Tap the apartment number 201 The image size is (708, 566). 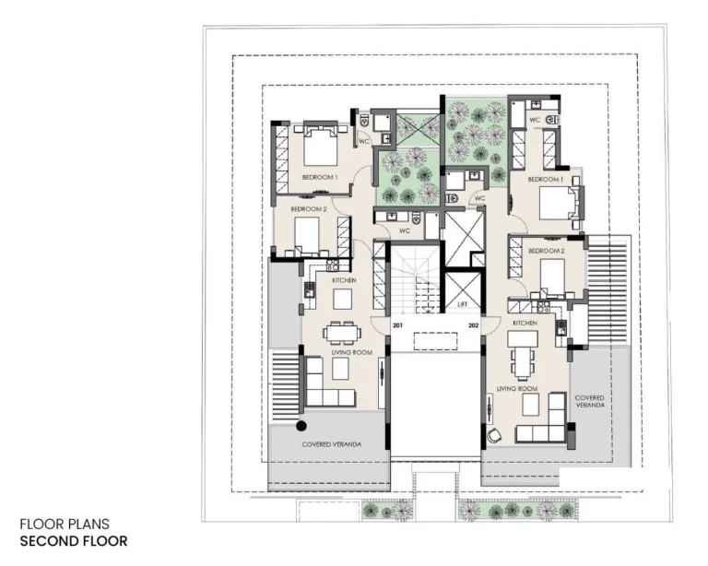point(397,325)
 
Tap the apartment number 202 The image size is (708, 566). point(474,325)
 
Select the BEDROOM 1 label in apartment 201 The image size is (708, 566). point(320,177)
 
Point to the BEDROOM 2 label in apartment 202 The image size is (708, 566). point(546,251)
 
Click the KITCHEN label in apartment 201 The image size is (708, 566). point(343,279)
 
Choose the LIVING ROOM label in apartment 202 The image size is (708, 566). point(516,388)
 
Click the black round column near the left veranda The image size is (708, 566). point(301,426)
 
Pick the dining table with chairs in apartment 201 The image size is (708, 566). point(340,333)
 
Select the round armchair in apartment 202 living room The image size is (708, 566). point(496,435)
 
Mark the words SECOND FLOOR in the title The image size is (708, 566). point(74,541)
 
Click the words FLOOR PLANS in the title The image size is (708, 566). point(65,525)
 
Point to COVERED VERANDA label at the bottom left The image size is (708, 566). point(332,444)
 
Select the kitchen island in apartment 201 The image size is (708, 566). point(342,298)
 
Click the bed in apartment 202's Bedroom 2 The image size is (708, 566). point(553,275)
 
